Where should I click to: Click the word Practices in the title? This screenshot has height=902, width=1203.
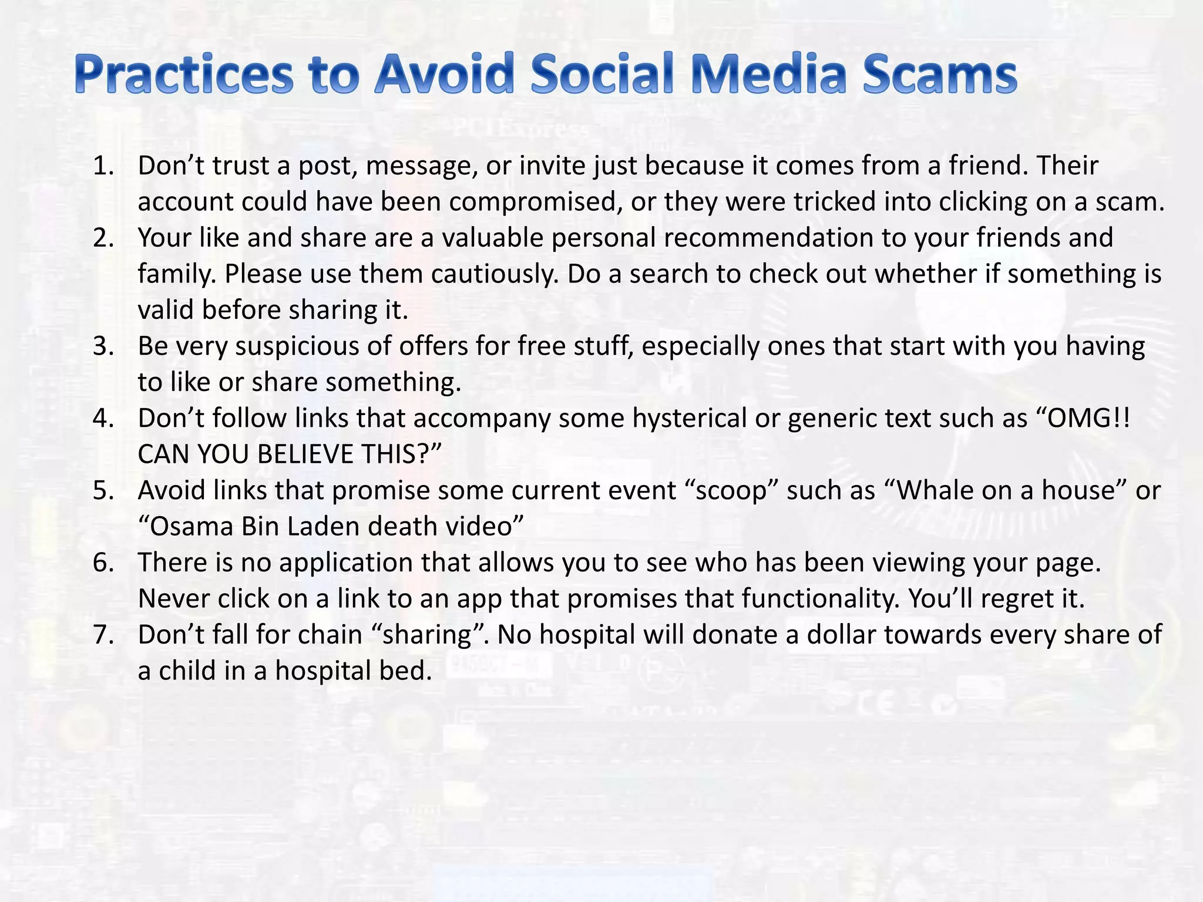tap(183, 75)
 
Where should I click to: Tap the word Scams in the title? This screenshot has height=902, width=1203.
tap(939, 75)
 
